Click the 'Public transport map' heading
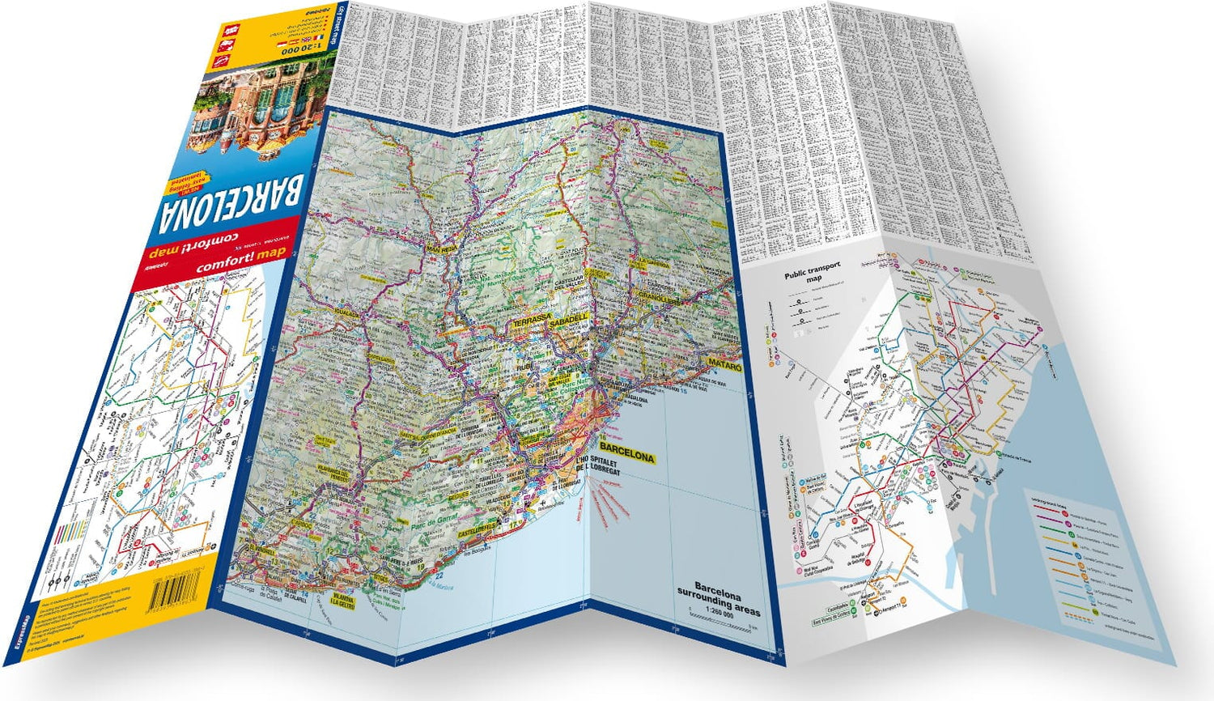[812, 270]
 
